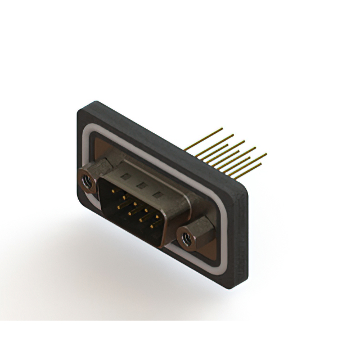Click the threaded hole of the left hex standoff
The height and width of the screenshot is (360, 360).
click(x=87, y=181)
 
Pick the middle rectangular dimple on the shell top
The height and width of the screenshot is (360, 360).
click(x=142, y=185)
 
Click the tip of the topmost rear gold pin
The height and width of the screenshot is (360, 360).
click(x=222, y=129)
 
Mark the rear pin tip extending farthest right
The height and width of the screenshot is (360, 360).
click(x=266, y=154)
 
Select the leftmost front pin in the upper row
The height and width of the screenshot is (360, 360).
click(x=115, y=192)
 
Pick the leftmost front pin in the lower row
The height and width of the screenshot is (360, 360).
click(x=120, y=206)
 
